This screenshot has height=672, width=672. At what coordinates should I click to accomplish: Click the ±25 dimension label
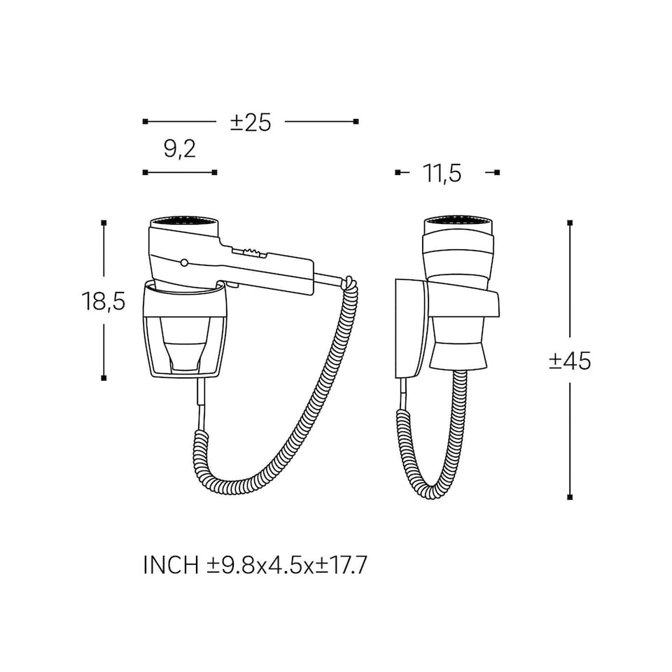[x=251, y=122]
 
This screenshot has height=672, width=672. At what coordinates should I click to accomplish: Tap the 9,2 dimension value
[x=180, y=149]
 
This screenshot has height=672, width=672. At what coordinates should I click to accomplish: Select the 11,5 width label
[x=442, y=174]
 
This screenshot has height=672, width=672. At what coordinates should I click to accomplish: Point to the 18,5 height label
[x=104, y=300]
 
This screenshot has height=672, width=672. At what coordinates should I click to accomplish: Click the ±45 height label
[x=570, y=361]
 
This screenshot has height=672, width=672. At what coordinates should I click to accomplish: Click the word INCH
[x=171, y=565]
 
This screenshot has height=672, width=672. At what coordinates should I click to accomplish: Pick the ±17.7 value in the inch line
[x=342, y=565]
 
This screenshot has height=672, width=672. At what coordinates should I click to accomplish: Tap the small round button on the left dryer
[x=184, y=262]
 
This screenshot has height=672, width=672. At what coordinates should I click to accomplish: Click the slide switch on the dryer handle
[x=248, y=253]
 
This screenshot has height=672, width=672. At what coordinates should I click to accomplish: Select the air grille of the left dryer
[x=184, y=223]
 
